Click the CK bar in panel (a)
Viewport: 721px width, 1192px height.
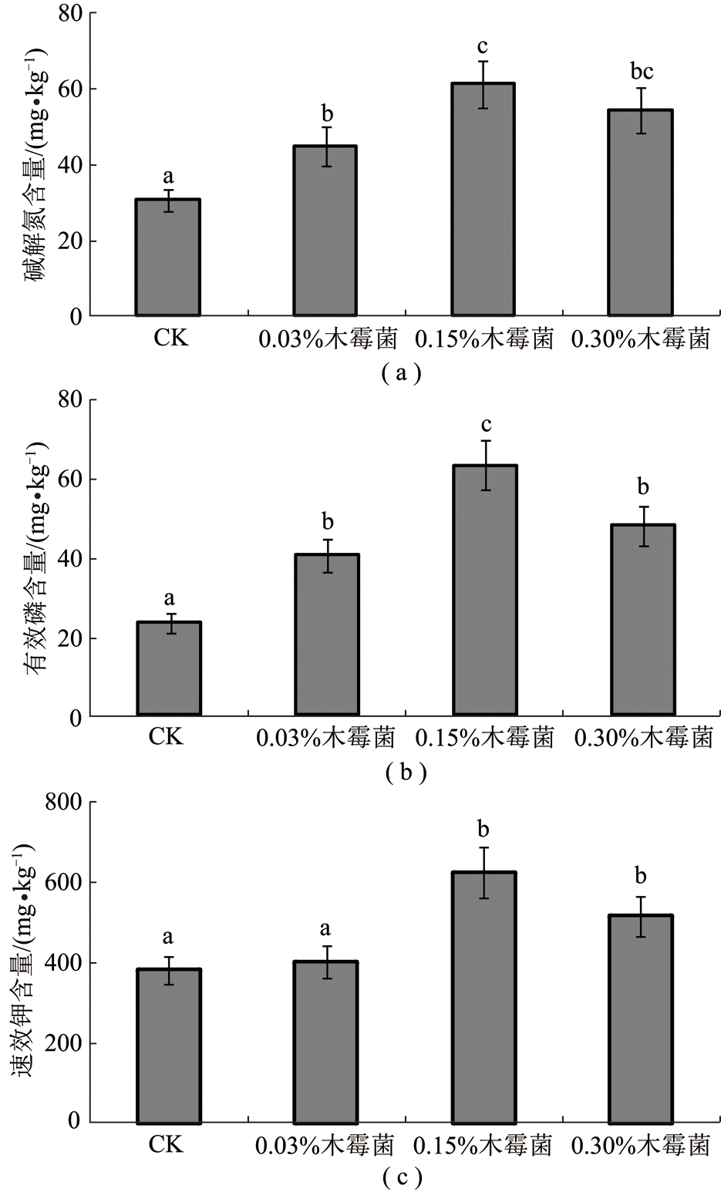(168, 258)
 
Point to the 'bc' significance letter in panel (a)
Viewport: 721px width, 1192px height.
(642, 71)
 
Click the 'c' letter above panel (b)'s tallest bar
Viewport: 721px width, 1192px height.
(486, 426)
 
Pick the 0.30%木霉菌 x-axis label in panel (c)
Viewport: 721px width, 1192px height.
(640, 1145)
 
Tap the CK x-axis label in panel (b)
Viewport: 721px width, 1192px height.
(167, 737)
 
